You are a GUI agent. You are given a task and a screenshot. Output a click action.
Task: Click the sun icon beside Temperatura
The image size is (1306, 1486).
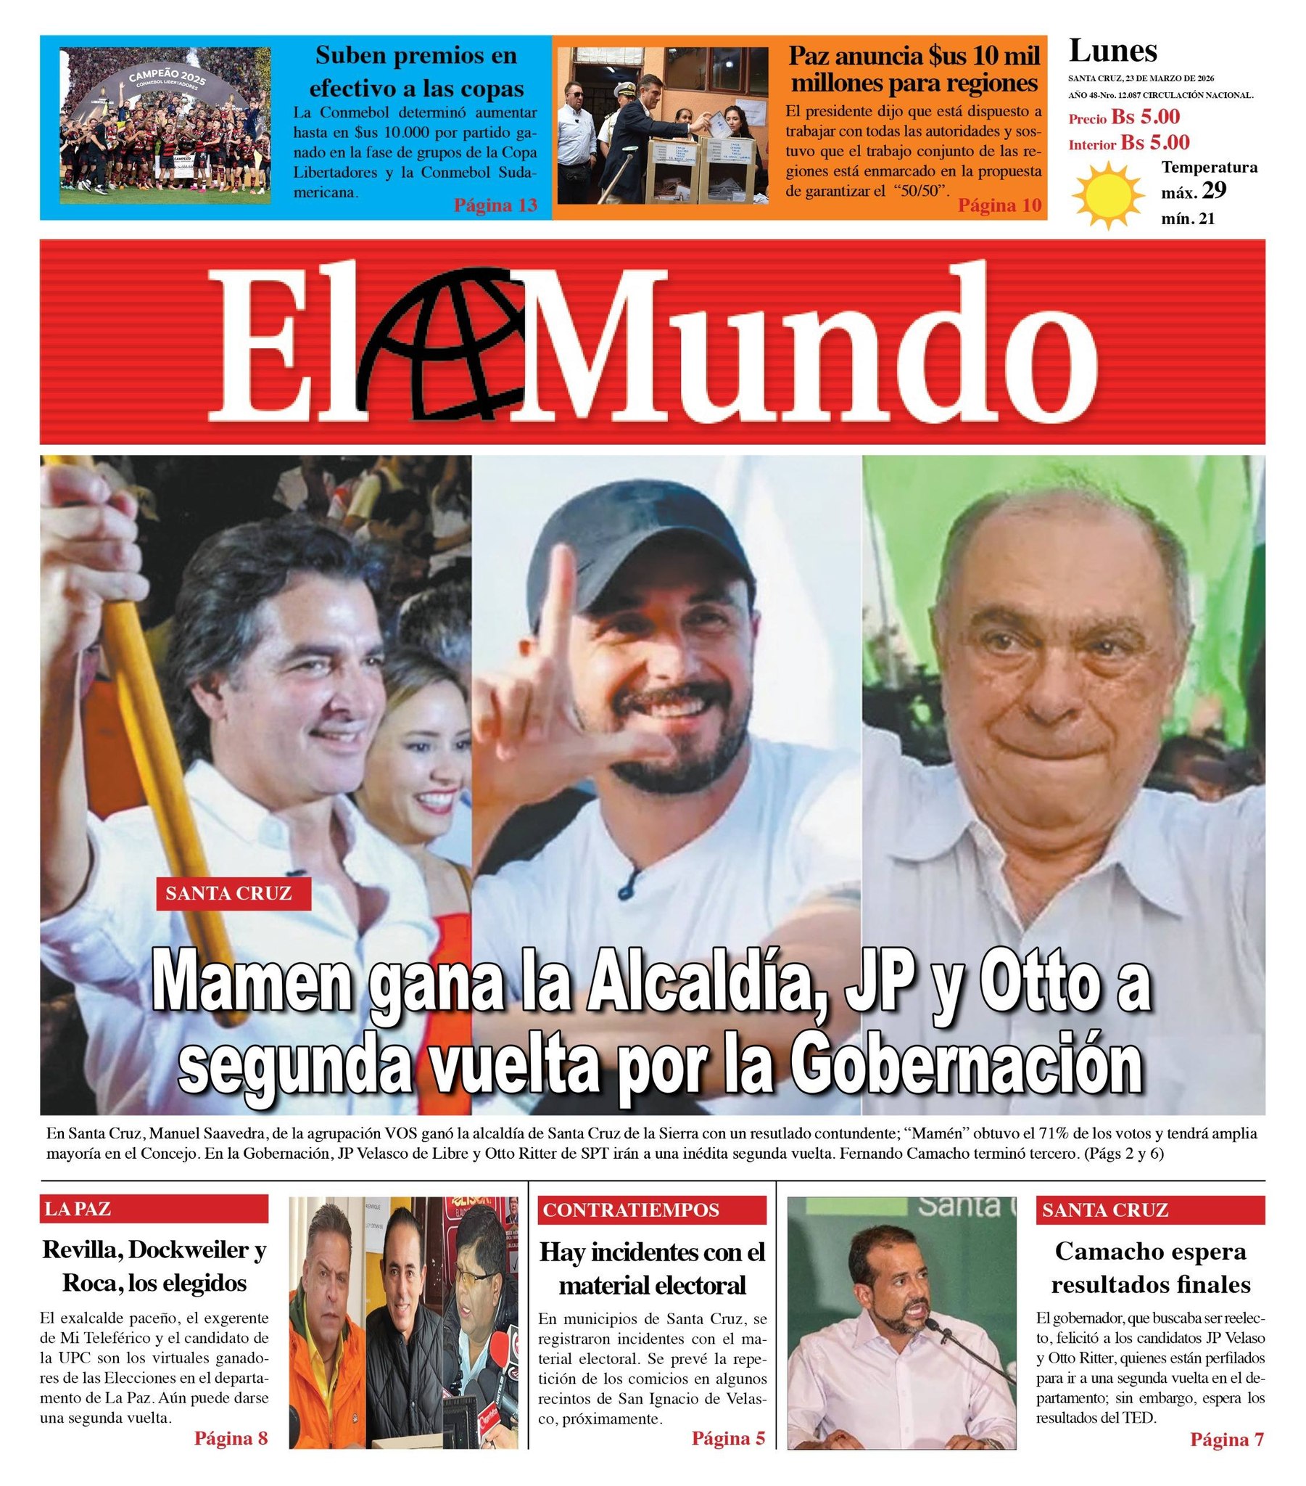pyautogui.click(x=1107, y=197)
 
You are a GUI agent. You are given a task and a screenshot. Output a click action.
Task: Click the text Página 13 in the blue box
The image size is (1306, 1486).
pyautogui.click(x=495, y=205)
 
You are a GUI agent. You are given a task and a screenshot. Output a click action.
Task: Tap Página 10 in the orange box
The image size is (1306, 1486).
pyautogui.click(x=999, y=206)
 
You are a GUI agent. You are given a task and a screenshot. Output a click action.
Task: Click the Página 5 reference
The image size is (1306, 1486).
pyautogui.click(x=728, y=1437)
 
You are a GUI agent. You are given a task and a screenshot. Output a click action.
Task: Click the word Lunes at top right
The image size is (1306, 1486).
pyautogui.click(x=1112, y=51)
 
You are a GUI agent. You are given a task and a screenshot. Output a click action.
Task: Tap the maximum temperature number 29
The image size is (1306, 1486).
pyautogui.click(x=1214, y=191)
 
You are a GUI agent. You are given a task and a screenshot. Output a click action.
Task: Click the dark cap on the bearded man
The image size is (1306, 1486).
pyautogui.click(x=640, y=552)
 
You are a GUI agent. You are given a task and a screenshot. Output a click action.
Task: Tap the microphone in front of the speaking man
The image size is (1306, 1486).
pyautogui.click(x=938, y=1332)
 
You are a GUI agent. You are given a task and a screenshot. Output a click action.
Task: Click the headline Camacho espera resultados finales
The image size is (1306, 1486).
pyautogui.click(x=1150, y=1267)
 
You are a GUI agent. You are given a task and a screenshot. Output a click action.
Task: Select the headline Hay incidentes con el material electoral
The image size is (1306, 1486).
pyautogui.click(x=652, y=1268)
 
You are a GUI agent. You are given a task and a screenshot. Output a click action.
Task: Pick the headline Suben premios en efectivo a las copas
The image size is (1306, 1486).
pyautogui.click(x=416, y=71)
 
